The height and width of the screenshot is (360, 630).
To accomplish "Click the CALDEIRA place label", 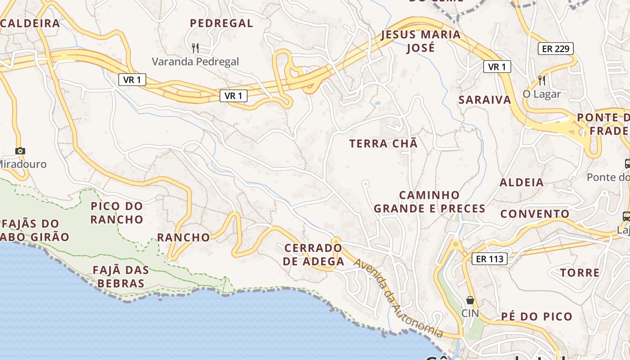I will [x=30, y=23].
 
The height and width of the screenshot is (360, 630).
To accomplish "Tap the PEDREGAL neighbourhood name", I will [x=221, y=23].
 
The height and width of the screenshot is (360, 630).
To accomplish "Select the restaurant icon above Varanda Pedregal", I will [x=195, y=48].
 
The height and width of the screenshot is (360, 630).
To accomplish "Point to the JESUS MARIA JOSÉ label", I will [x=421, y=41].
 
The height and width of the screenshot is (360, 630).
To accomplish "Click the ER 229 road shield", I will [x=556, y=49].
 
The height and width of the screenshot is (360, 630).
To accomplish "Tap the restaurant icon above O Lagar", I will [x=542, y=81].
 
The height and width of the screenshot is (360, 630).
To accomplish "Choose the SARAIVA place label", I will [x=485, y=100].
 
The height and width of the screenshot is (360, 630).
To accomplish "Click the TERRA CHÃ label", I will [x=383, y=144].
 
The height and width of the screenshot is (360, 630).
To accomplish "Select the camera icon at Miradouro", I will [x=20, y=151].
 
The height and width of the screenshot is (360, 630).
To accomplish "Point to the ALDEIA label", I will [x=522, y=182].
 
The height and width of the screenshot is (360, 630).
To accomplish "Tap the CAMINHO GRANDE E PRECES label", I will [x=429, y=202].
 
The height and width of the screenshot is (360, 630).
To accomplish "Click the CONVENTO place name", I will [x=535, y=214].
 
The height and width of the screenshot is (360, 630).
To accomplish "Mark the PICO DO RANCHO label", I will [x=117, y=213].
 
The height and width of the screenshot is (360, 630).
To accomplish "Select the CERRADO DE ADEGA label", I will [x=314, y=254].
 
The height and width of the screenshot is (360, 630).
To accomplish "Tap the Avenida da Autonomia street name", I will [x=398, y=299].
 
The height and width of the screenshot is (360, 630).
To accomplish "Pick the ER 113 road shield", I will [x=490, y=259].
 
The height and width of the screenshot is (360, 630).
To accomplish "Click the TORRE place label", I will [x=580, y=273].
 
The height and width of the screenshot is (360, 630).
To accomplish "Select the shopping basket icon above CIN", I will [x=470, y=300].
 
